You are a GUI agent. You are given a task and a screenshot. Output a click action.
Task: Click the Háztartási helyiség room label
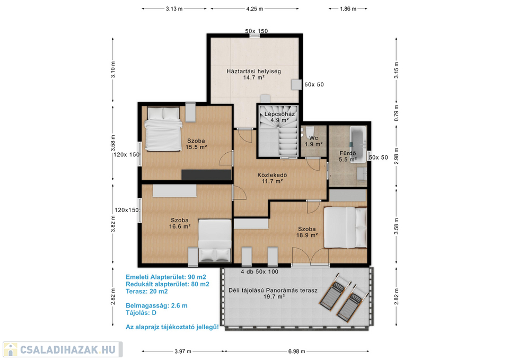pyautogui.click(x=253, y=72)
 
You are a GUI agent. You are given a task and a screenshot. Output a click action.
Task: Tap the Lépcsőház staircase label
pyautogui.click(x=279, y=114)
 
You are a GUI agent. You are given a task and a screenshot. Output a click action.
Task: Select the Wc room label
pyautogui.click(x=313, y=138)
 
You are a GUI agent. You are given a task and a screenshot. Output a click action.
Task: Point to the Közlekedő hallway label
pyautogui.click(x=272, y=175)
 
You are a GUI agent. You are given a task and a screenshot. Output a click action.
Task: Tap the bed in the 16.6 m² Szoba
pyautogui.click(x=215, y=241)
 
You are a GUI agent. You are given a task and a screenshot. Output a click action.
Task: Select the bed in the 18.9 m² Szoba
pyautogui.click(x=345, y=227)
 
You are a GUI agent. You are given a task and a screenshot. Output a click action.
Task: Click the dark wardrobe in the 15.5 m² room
pyautogui.click(x=206, y=174)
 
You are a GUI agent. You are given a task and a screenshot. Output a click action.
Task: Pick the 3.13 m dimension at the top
pyautogui.click(x=174, y=9)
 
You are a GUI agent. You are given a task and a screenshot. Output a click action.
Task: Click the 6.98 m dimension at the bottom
pyautogui.click(x=296, y=351)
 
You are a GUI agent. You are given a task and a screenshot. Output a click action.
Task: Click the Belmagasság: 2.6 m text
pyautogui.click(x=156, y=306)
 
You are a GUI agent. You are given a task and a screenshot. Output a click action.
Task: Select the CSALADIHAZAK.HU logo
pyautogui.click(x=63, y=349)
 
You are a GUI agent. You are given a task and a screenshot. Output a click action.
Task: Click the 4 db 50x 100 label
pyautogui.click(x=259, y=271)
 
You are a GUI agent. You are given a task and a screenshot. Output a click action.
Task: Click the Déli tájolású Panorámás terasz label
pyautogui.click(x=273, y=291)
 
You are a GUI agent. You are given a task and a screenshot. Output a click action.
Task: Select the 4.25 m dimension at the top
pyautogui.click(x=254, y=9)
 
